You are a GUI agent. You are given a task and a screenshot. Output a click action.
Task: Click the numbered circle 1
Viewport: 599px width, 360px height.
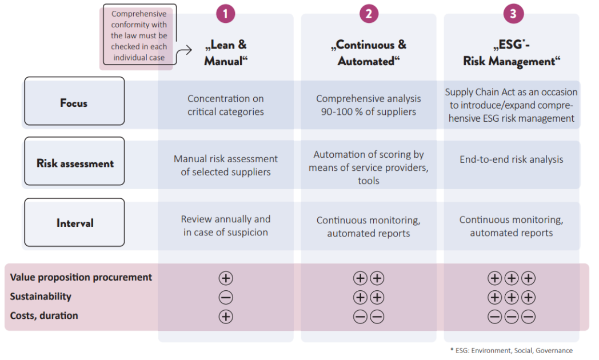tap(225, 14)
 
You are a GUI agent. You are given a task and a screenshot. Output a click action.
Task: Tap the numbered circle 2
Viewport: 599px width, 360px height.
tap(369, 14)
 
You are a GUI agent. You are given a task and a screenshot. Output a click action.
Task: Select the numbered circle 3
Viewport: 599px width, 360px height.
tap(513, 14)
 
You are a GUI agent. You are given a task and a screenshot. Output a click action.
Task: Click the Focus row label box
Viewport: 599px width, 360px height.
tap(74, 101)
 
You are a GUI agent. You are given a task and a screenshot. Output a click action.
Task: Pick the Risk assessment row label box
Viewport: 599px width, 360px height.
tap(74, 161)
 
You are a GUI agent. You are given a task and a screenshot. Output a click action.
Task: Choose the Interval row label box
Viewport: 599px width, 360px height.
tap(74, 222)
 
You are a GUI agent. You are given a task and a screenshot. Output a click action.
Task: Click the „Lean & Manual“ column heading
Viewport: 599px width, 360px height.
tap(226, 53)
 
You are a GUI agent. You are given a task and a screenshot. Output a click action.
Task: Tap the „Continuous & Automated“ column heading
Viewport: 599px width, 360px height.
tap(369, 53)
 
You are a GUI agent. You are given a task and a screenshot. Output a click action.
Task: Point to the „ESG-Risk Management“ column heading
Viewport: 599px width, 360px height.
tap(512, 53)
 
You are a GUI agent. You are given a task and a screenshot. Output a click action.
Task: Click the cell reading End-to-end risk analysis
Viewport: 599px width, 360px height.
tap(512, 159)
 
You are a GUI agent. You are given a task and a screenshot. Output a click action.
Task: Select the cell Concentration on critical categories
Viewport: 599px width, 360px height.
tap(226, 105)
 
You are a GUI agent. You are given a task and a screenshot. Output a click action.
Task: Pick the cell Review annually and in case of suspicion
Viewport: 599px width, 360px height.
tap(226, 226)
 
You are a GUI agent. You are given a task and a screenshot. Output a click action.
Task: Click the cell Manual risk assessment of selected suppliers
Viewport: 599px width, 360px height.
tap(226, 165)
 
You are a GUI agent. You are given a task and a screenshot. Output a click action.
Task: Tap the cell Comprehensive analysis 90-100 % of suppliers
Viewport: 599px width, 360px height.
tap(369, 105)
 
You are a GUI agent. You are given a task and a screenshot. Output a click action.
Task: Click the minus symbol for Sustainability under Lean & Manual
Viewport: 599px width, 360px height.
tap(226, 297)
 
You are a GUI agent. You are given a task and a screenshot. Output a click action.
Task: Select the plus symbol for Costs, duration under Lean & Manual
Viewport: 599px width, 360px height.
tap(226, 317)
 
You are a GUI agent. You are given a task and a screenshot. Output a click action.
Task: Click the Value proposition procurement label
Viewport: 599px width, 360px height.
tap(81, 277)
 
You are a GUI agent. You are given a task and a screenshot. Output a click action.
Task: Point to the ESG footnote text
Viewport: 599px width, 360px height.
tap(512, 350)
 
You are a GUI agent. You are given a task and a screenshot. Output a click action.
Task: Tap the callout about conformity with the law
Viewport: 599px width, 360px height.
tap(139, 35)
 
